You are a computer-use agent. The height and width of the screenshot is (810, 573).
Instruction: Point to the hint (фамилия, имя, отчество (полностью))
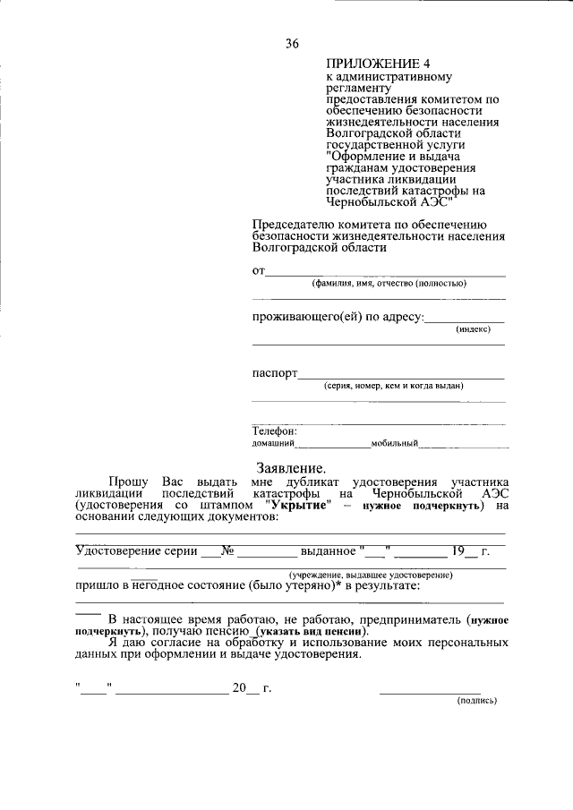tap(389, 284)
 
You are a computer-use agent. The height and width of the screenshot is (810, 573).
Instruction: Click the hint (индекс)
tap(473, 329)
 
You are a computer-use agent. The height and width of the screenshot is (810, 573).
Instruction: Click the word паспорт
tap(274, 373)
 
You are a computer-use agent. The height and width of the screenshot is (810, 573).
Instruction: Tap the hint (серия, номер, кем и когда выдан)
tap(393, 386)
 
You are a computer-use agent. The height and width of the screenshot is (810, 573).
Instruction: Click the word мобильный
tap(395, 443)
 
